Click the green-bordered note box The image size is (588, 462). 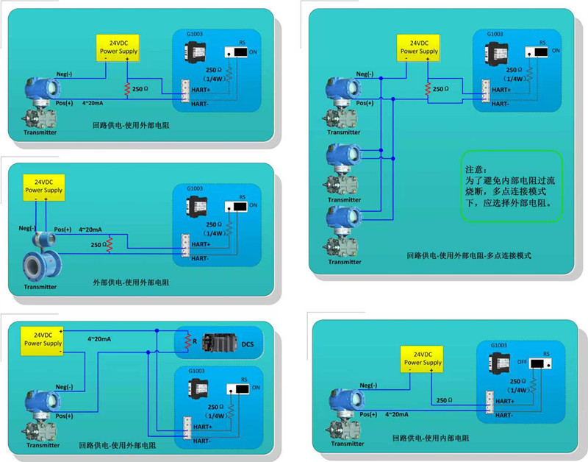click(x=511, y=186)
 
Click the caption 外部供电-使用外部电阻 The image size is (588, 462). click(x=131, y=282)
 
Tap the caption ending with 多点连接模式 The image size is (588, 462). click(x=468, y=255)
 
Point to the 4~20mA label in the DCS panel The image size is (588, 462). click(x=98, y=339)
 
